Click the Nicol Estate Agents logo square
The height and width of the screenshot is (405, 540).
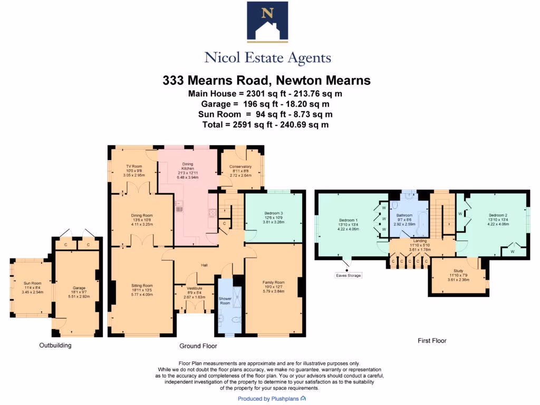267,22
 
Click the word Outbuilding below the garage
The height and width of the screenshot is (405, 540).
55,345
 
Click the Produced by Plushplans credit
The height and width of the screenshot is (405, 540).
272,399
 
